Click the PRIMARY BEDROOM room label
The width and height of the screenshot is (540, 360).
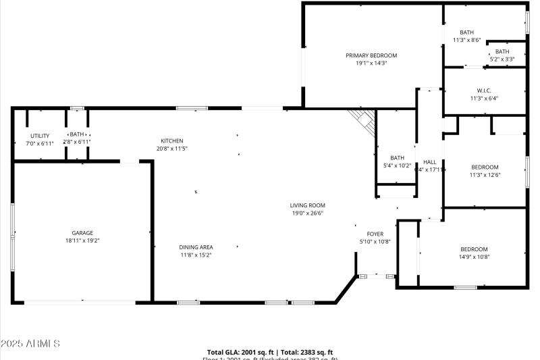(x=371, y=55)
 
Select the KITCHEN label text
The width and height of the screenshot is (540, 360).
(x=171, y=140)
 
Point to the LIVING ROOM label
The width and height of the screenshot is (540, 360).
(x=308, y=205)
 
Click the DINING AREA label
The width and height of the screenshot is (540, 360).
(x=196, y=247)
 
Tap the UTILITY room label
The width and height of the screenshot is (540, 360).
(x=40, y=136)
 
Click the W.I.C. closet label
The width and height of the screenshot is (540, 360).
(x=484, y=91)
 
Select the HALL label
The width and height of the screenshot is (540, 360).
(x=429, y=162)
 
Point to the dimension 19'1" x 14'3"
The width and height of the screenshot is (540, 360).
(x=371, y=63)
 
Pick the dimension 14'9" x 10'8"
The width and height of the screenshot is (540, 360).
(x=474, y=257)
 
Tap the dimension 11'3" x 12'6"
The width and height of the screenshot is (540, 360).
(x=485, y=175)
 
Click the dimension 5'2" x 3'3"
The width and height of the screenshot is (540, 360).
(x=502, y=59)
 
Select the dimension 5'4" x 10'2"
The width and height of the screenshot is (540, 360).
(x=397, y=165)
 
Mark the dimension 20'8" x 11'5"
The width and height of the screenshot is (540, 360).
(x=171, y=148)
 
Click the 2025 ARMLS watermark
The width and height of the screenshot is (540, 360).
(x=30, y=344)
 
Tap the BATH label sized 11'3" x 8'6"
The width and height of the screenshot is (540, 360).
(x=467, y=32)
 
